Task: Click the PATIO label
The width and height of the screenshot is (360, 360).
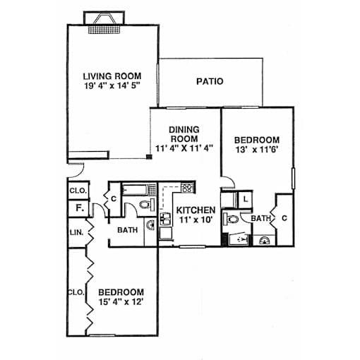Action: pyautogui.click(x=210, y=81)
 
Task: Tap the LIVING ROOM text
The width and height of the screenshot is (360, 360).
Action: pyautogui.click(x=112, y=76)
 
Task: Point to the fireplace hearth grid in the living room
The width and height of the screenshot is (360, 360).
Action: pyautogui.click(x=104, y=29)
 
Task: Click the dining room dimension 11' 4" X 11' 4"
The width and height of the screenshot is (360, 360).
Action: pyautogui.click(x=184, y=148)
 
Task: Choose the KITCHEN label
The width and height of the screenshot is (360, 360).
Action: pyautogui.click(x=196, y=210)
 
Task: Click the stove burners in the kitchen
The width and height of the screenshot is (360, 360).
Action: pyautogui.click(x=188, y=188)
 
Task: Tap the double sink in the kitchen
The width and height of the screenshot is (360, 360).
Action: pyautogui.click(x=166, y=219)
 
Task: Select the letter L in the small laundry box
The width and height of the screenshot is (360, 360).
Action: pyautogui.click(x=246, y=200)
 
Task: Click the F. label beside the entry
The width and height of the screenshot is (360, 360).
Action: pyautogui.click(x=80, y=208)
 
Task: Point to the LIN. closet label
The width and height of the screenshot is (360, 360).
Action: pyautogui.click(x=76, y=233)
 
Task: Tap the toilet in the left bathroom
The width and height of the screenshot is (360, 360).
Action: pyautogui.click(x=147, y=204)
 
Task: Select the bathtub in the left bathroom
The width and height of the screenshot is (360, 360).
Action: pyautogui.click(x=136, y=190)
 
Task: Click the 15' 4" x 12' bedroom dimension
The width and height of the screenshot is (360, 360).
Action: pyautogui.click(x=121, y=301)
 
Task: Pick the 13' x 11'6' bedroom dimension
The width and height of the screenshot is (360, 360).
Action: pyautogui.click(x=257, y=150)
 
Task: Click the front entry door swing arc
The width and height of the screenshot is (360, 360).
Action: pyautogui.click(x=80, y=174)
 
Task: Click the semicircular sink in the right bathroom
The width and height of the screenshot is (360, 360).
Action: pyautogui.click(x=265, y=241)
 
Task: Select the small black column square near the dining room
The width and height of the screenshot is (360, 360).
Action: pyautogui.click(x=149, y=157)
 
